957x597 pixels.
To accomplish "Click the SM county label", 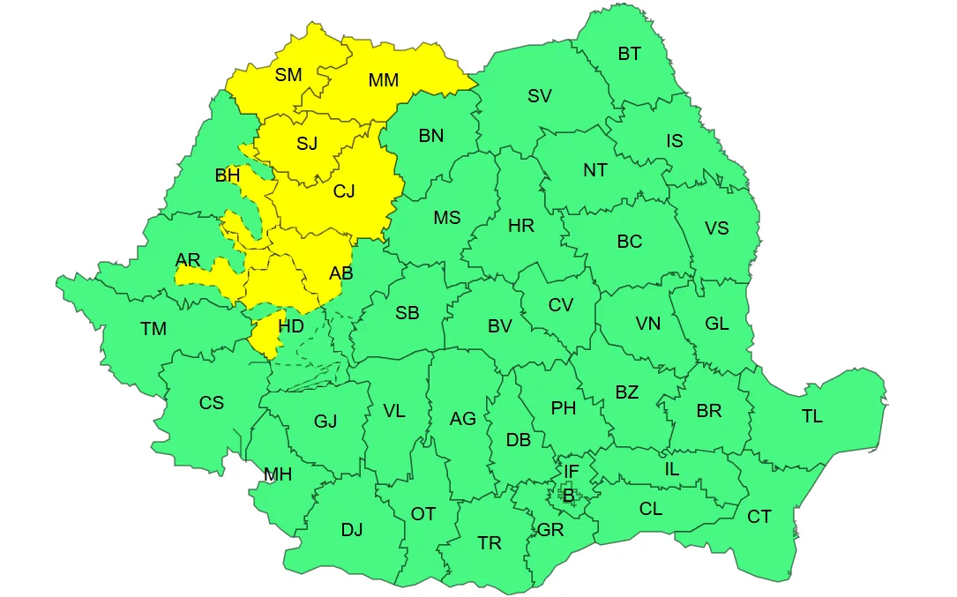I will [288, 75].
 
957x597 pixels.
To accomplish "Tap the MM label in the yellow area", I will [384, 80].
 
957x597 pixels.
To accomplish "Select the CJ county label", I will [344, 190].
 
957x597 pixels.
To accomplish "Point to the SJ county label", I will [307, 144].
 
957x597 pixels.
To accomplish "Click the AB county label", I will [341, 273].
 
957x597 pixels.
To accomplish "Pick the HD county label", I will [291, 326].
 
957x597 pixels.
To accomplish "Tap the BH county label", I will [228, 175].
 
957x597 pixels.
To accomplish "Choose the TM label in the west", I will [153, 329].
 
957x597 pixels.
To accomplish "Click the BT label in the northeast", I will [629, 54].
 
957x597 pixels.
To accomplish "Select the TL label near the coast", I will [811, 416].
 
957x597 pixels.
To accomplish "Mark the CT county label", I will [759, 517].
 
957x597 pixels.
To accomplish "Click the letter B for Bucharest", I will [568, 496].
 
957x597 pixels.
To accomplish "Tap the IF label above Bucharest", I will [572, 473].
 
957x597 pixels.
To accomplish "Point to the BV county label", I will [500, 326].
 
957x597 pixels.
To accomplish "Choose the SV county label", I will [539, 96].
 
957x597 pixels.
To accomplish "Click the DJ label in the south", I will [352, 530].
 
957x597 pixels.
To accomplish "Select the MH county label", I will [278, 474].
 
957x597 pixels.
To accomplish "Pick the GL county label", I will [717, 324].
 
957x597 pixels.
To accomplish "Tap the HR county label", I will [521, 226].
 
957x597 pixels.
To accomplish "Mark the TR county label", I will [490, 543].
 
